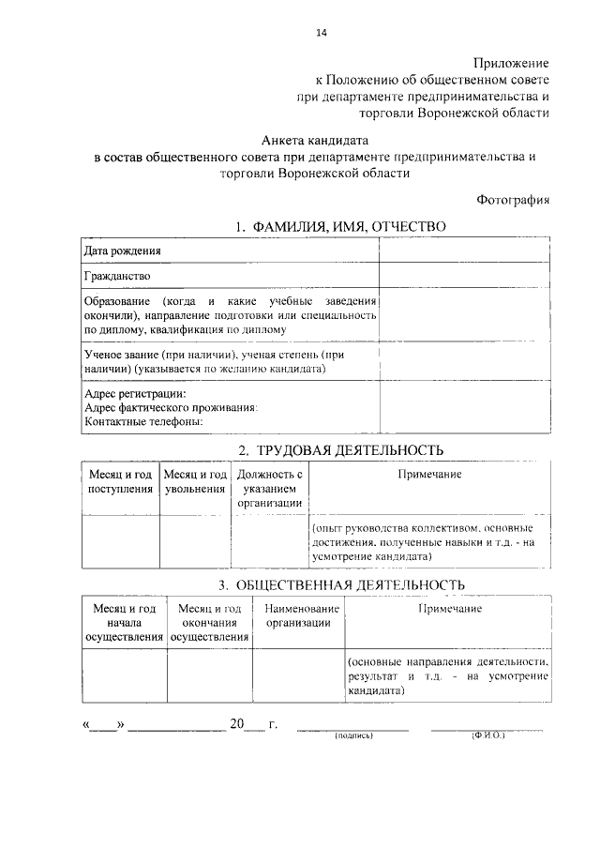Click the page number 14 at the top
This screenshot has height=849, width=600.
[322, 34]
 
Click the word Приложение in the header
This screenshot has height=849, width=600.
[512, 62]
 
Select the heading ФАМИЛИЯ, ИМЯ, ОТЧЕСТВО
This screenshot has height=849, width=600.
[341, 227]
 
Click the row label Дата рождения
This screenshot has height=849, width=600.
[122, 251]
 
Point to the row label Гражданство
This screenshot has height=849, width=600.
[116, 277]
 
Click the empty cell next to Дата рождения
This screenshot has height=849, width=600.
[464, 251]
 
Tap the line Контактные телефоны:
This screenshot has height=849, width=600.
[142, 421]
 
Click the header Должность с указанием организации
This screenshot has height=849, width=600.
[269, 488]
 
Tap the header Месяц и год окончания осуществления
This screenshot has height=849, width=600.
[209, 623]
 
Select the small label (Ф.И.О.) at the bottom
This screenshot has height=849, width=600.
[487, 736]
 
